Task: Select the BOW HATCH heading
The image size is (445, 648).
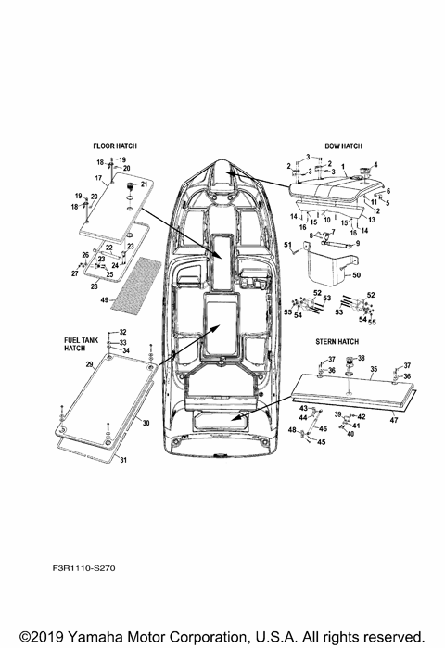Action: click(x=343, y=146)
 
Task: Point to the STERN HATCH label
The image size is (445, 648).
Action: click(x=338, y=341)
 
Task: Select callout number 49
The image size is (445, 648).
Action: click(x=105, y=300)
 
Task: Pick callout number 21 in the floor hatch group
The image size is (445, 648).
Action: click(x=144, y=184)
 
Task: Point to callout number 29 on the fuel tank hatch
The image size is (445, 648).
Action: click(x=89, y=365)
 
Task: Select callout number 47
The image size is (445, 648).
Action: click(x=393, y=420)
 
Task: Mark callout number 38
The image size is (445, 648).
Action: click(x=362, y=358)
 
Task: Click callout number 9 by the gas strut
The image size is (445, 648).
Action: click(x=357, y=241)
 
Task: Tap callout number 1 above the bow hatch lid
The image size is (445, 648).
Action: click(x=342, y=169)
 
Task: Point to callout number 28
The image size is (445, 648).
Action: click(x=94, y=288)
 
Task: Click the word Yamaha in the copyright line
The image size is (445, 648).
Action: click(x=96, y=637)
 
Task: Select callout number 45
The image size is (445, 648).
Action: click(x=321, y=442)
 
